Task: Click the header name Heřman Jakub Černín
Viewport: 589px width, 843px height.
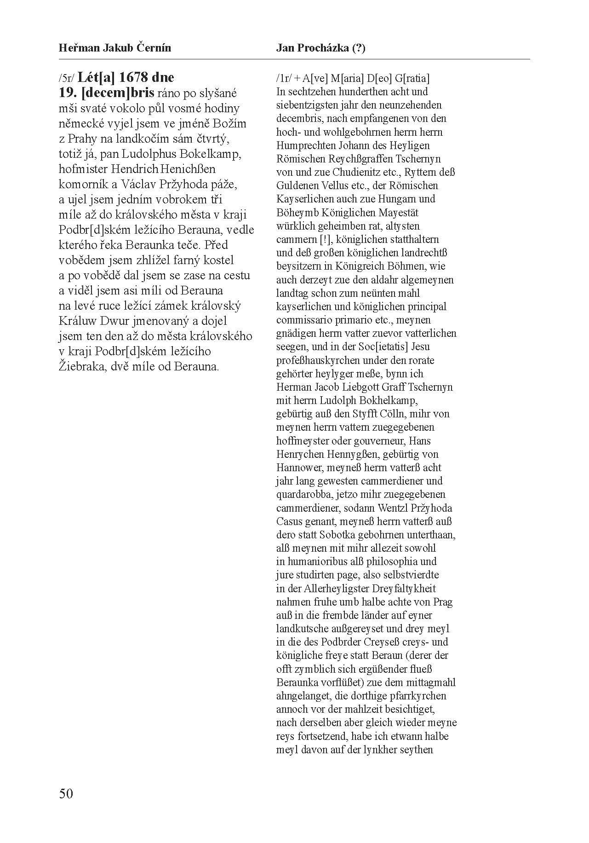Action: (x=115, y=48)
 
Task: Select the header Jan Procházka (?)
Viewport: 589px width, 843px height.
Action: (x=321, y=48)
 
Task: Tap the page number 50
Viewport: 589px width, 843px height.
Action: (x=66, y=793)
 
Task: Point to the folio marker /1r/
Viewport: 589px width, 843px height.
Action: (x=283, y=78)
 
